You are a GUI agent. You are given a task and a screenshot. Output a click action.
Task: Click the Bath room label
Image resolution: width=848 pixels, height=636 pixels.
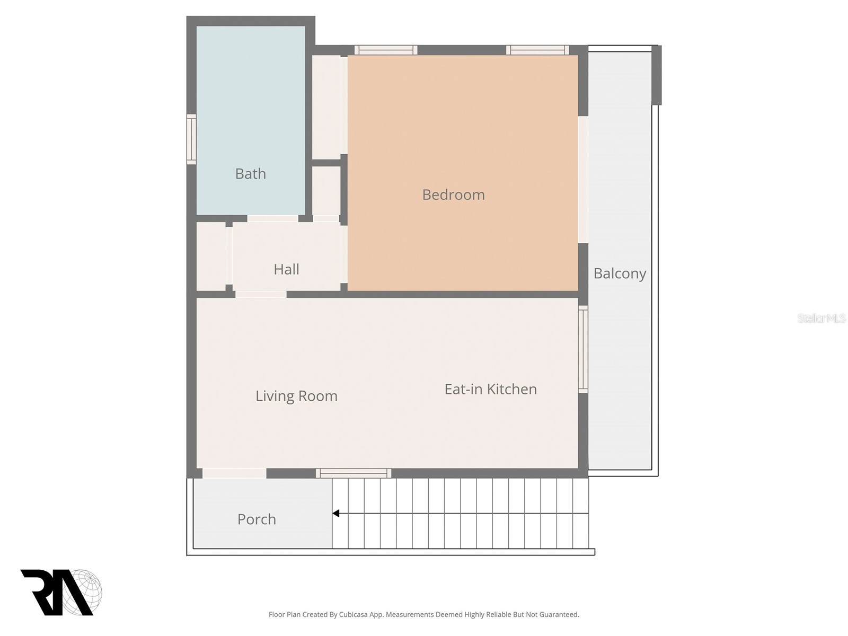pyautogui.click(x=250, y=173)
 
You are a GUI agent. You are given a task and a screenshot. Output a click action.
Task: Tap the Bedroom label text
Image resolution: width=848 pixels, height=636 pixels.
pyautogui.click(x=453, y=195)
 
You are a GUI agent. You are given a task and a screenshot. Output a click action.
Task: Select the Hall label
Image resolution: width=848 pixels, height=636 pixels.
pyautogui.click(x=286, y=269)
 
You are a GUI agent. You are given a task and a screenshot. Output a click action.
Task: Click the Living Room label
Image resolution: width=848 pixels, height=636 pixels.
pyautogui.click(x=296, y=396)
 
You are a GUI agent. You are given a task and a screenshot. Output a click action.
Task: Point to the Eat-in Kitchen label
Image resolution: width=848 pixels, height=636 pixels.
pyautogui.click(x=490, y=389)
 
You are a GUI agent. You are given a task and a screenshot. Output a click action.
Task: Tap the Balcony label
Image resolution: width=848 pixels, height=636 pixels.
pyautogui.click(x=620, y=273)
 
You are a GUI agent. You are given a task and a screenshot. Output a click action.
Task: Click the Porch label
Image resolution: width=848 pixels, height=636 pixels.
pyautogui.click(x=257, y=519)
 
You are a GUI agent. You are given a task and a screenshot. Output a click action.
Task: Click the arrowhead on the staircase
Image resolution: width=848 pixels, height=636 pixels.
pyautogui.click(x=336, y=513)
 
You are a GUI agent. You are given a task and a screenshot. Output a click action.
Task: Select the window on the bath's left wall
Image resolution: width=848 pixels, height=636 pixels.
pyautogui.click(x=191, y=139)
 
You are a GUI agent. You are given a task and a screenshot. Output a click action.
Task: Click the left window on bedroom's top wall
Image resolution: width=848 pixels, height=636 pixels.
pyautogui.click(x=386, y=50)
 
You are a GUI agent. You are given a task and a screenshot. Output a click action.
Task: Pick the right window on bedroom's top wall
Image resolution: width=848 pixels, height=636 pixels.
pyautogui.click(x=537, y=50)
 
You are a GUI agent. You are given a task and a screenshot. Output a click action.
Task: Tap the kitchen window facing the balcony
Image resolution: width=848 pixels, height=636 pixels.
pyautogui.click(x=583, y=349)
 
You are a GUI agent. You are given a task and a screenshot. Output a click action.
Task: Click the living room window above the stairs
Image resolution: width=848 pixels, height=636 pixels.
pyautogui.click(x=354, y=473)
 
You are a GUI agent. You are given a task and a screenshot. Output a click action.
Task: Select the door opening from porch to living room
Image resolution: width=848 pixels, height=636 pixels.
pyautogui.click(x=234, y=473)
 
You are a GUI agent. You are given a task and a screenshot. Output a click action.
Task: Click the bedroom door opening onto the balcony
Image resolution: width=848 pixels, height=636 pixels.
pyautogui.click(x=583, y=179)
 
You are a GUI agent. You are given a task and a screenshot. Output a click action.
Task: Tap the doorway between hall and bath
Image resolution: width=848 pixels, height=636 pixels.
pyautogui.click(x=272, y=218)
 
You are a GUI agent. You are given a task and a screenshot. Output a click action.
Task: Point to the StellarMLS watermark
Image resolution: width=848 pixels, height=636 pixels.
pyautogui.click(x=821, y=318)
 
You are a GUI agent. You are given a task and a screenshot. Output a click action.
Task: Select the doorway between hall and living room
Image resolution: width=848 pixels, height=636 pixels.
pyautogui.click(x=261, y=294)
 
